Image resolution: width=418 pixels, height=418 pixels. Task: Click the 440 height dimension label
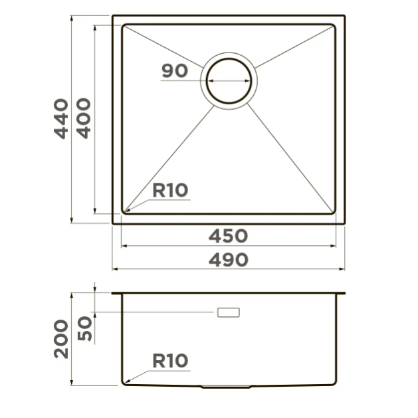point(61,119)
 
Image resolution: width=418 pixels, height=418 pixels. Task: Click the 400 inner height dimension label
point(84,118)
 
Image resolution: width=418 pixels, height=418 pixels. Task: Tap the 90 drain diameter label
point(175,71)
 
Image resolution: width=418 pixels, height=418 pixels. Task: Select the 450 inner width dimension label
point(228,236)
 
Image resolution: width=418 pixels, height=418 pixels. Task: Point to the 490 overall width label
point(229,261)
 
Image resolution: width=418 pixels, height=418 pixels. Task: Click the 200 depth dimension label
point(61,339)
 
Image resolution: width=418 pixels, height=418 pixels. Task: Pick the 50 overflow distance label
point(84,328)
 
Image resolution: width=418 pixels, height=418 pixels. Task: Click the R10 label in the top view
point(170,190)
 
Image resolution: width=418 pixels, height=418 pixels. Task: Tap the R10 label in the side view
point(170,361)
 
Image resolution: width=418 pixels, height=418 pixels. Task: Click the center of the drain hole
point(229,81)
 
